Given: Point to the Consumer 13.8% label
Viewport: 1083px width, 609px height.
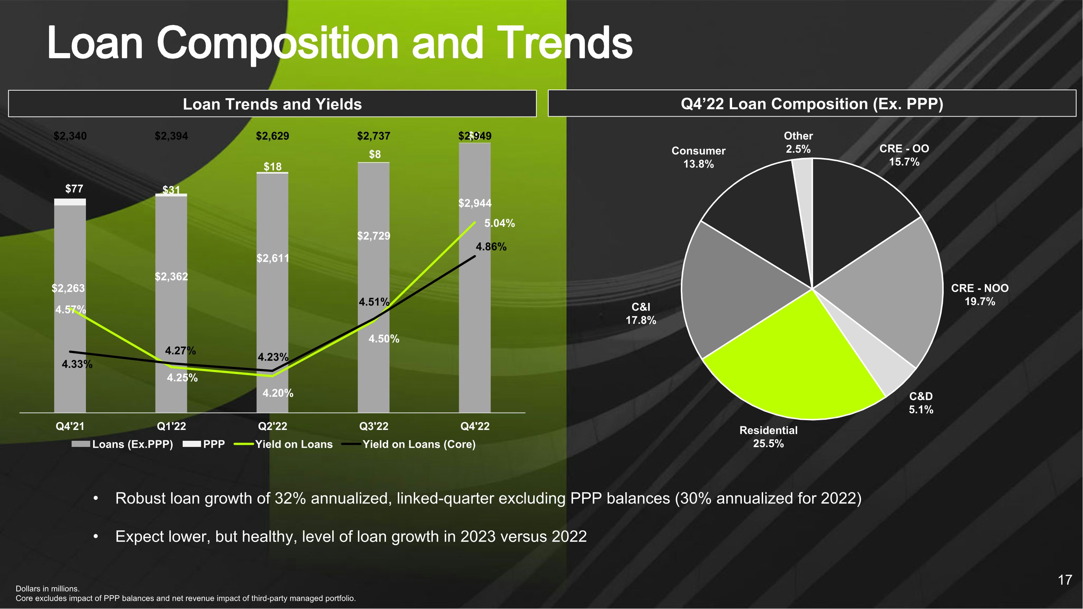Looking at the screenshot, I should (698, 157).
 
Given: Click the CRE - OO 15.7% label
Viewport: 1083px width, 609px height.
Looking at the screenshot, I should (904, 155).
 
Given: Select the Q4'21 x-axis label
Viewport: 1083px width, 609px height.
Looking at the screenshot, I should (70, 426).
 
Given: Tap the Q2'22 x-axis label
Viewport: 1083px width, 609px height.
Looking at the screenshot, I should (273, 426).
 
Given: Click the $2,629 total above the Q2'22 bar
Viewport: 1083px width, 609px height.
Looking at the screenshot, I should (273, 136).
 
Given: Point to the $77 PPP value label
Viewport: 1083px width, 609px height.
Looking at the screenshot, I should (74, 189).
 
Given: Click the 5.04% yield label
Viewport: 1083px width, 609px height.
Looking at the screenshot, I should (500, 223).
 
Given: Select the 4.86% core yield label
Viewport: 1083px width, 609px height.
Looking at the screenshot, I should (491, 247).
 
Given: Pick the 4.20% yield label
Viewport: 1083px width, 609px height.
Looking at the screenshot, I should (278, 393).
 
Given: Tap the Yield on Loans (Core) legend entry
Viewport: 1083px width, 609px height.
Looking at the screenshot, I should (418, 444).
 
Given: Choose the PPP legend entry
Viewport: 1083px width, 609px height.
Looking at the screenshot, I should (214, 444).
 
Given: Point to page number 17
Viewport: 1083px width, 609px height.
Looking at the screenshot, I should (1065, 580).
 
